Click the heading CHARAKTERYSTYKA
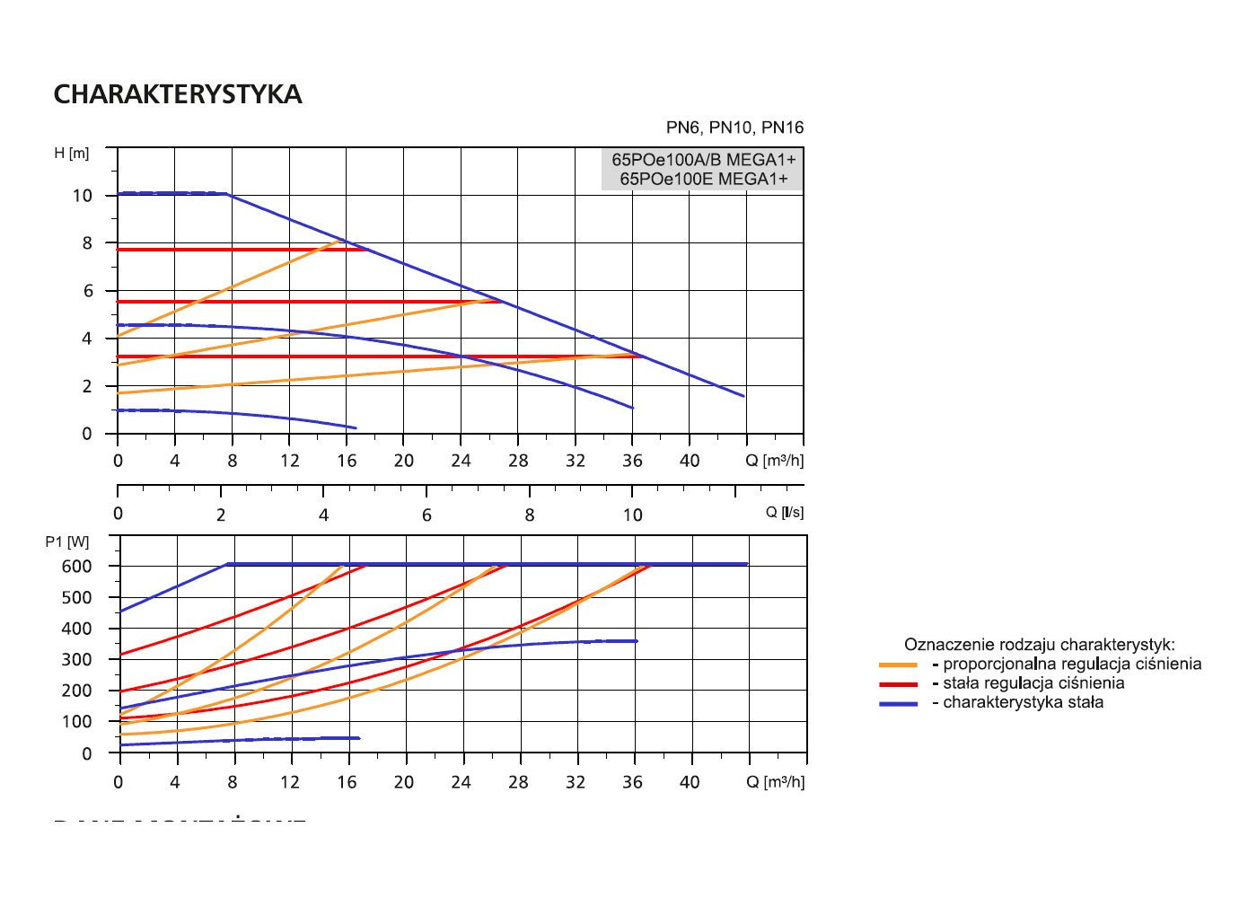click(178, 95)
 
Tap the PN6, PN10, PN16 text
click(734, 128)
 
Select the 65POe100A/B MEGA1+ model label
click(703, 160)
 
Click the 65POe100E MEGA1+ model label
click(703, 179)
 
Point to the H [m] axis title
click(72, 154)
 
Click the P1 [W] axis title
click(67, 542)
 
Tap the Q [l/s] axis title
click(784, 512)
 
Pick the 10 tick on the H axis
click(83, 196)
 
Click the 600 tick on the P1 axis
click(77, 567)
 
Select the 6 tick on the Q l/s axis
click(426, 515)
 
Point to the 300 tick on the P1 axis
click(77, 660)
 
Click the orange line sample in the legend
click(898, 665)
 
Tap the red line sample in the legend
click(898, 684)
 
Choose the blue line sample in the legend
click(898, 703)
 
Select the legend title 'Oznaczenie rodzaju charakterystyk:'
click(1039, 645)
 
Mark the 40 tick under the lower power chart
click(690, 782)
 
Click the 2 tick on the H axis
click(87, 387)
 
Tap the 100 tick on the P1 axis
click(77, 722)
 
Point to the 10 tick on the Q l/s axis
click(633, 515)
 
